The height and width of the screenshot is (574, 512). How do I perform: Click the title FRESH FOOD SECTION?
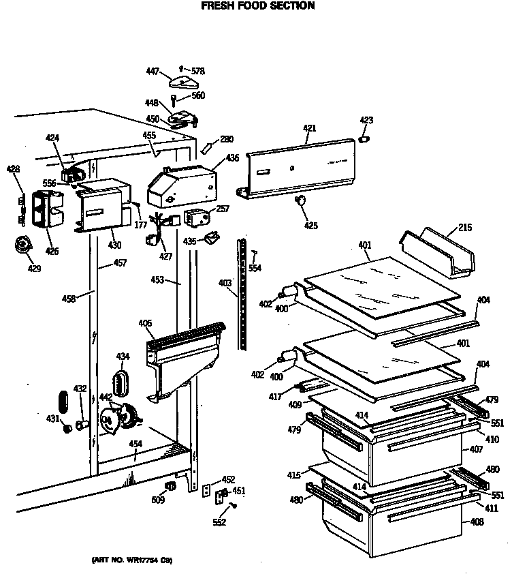[257, 6]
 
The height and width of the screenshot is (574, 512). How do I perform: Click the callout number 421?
[310, 128]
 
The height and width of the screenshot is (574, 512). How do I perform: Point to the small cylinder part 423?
[365, 139]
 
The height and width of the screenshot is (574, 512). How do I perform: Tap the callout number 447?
[153, 71]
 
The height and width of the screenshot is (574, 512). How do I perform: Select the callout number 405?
[144, 323]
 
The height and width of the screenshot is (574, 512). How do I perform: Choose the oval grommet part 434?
[123, 382]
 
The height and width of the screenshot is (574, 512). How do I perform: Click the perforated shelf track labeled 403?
[240, 293]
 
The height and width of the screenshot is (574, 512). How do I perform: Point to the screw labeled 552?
[234, 505]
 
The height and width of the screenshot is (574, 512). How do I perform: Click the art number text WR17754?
[131, 560]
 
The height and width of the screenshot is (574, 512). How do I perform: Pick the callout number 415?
[293, 474]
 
